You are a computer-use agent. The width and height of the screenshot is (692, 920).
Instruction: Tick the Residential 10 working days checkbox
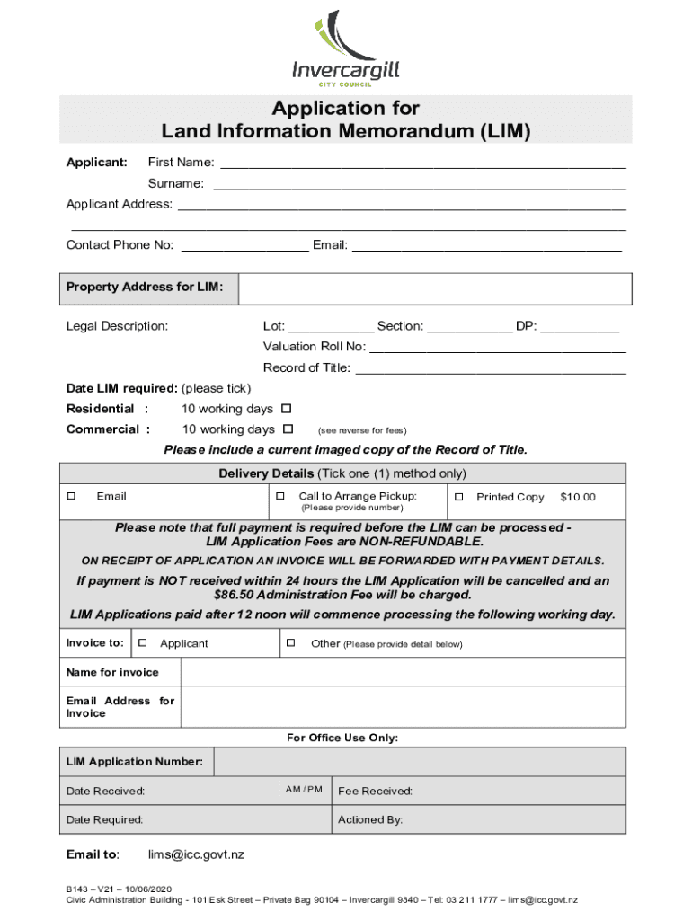click(x=287, y=410)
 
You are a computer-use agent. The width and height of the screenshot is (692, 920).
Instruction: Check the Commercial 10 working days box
click(x=288, y=429)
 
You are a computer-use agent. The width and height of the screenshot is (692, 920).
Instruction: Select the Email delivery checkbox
click(x=70, y=497)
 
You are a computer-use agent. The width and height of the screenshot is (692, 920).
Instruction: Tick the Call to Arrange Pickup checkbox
click(x=280, y=497)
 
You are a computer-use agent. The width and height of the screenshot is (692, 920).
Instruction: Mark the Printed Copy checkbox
click(x=458, y=497)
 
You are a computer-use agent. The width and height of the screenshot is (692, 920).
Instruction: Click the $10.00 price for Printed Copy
click(x=577, y=497)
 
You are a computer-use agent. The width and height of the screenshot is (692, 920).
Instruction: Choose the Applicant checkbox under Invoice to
click(x=143, y=643)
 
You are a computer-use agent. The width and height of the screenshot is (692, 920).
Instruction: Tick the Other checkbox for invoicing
click(x=290, y=643)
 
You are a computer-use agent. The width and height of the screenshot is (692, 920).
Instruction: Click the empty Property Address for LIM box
click(x=435, y=288)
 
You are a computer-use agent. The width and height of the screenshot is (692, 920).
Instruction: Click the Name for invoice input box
click(x=403, y=673)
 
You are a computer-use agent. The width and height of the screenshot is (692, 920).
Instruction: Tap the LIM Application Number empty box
click(x=421, y=763)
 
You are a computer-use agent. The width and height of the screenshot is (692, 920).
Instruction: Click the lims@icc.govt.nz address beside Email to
click(x=196, y=855)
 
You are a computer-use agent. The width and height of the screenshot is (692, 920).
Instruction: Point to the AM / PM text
click(x=304, y=790)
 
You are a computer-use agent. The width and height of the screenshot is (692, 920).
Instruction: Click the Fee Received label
click(x=375, y=792)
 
